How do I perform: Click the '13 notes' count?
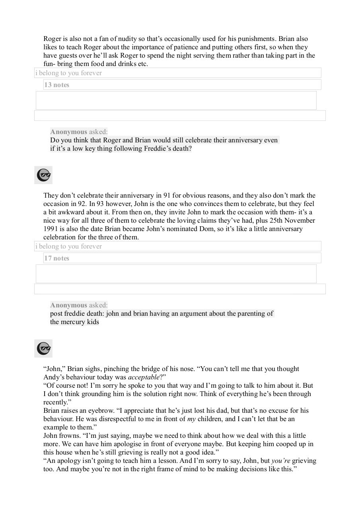click(57, 85)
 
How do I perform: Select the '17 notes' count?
click(57, 258)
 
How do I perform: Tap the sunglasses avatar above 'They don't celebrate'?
click(43, 175)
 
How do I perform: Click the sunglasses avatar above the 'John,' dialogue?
click(43, 348)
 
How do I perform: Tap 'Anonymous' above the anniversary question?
click(68, 132)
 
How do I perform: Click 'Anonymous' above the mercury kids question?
click(68, 305)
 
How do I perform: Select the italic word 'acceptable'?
click(144, 377)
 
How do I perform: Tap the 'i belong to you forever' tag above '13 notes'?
click(69, 73)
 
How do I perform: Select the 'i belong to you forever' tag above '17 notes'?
click(69, 247)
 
